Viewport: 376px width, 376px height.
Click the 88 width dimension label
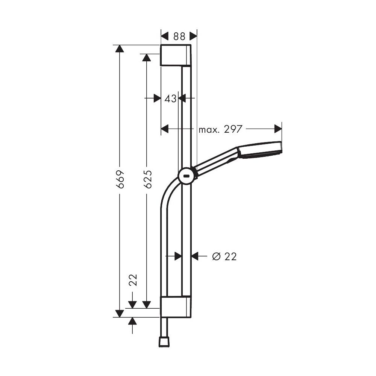179,36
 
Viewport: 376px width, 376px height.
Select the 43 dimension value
170,99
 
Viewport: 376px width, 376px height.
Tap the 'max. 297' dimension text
220,129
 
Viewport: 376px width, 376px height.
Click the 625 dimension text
147,179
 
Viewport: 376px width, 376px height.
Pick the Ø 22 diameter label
224,256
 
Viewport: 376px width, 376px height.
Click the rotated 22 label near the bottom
133,280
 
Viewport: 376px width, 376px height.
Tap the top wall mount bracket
175,55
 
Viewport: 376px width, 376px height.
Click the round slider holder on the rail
186,176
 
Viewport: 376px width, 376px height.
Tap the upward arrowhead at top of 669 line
120,49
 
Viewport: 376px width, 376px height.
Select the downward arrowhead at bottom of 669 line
120,313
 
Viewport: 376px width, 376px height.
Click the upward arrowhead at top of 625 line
147,58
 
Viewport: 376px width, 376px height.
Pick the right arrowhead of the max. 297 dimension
278,129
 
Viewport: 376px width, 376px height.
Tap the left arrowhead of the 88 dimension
164,36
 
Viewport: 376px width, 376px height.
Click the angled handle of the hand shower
216,161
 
